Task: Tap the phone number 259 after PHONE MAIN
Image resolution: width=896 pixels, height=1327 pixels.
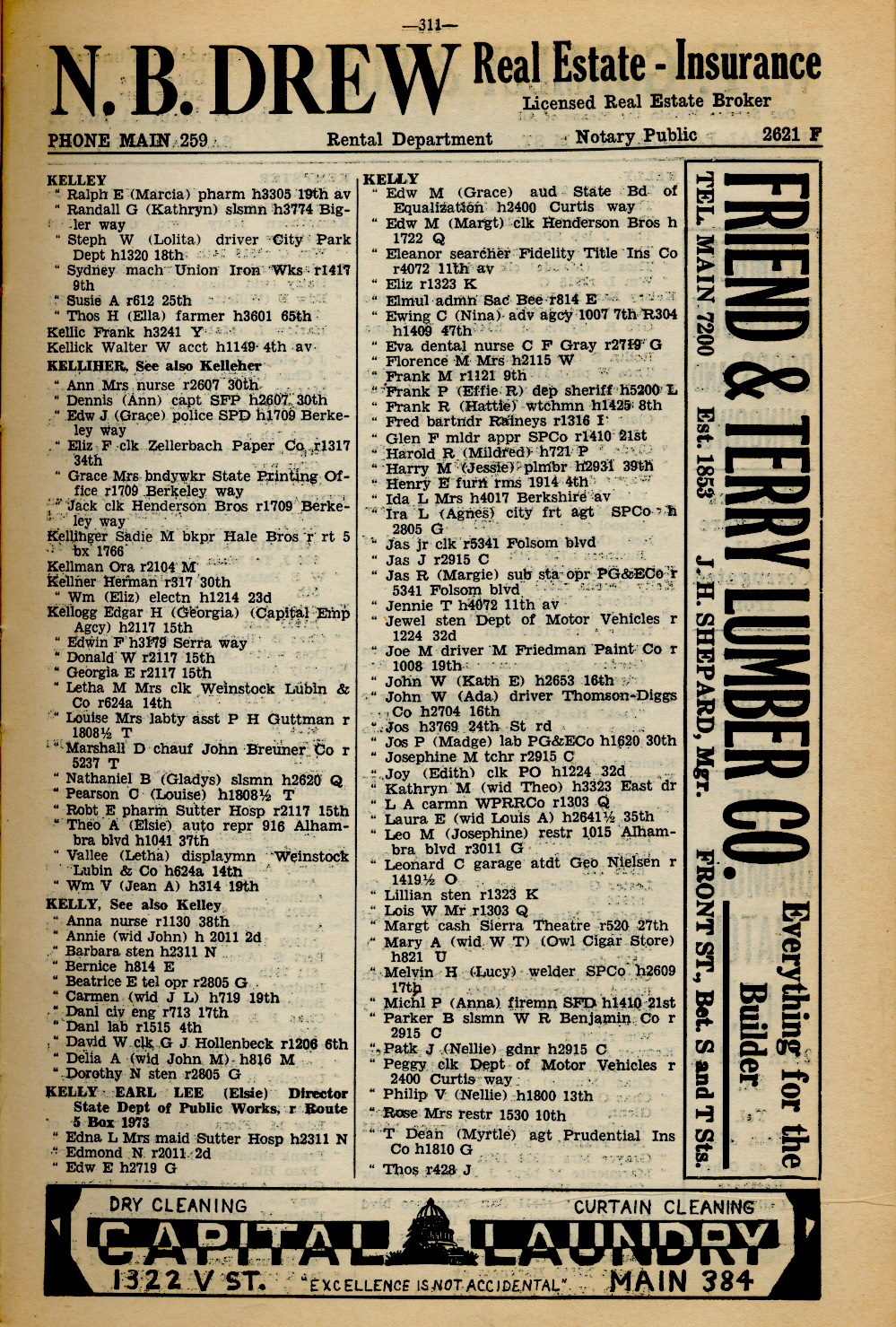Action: pos(194,140)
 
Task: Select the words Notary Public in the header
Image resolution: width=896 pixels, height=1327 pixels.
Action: pos(636,135)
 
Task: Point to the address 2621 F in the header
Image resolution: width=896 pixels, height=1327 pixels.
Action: pos(792,135)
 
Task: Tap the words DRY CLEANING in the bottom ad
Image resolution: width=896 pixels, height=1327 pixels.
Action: pos(178,1205)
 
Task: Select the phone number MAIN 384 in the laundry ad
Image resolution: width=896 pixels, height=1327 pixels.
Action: pos(681,1280)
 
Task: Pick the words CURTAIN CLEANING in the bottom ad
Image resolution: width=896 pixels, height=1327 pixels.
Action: pos(663,1207)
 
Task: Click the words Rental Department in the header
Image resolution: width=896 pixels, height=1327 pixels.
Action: pos(409,139)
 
